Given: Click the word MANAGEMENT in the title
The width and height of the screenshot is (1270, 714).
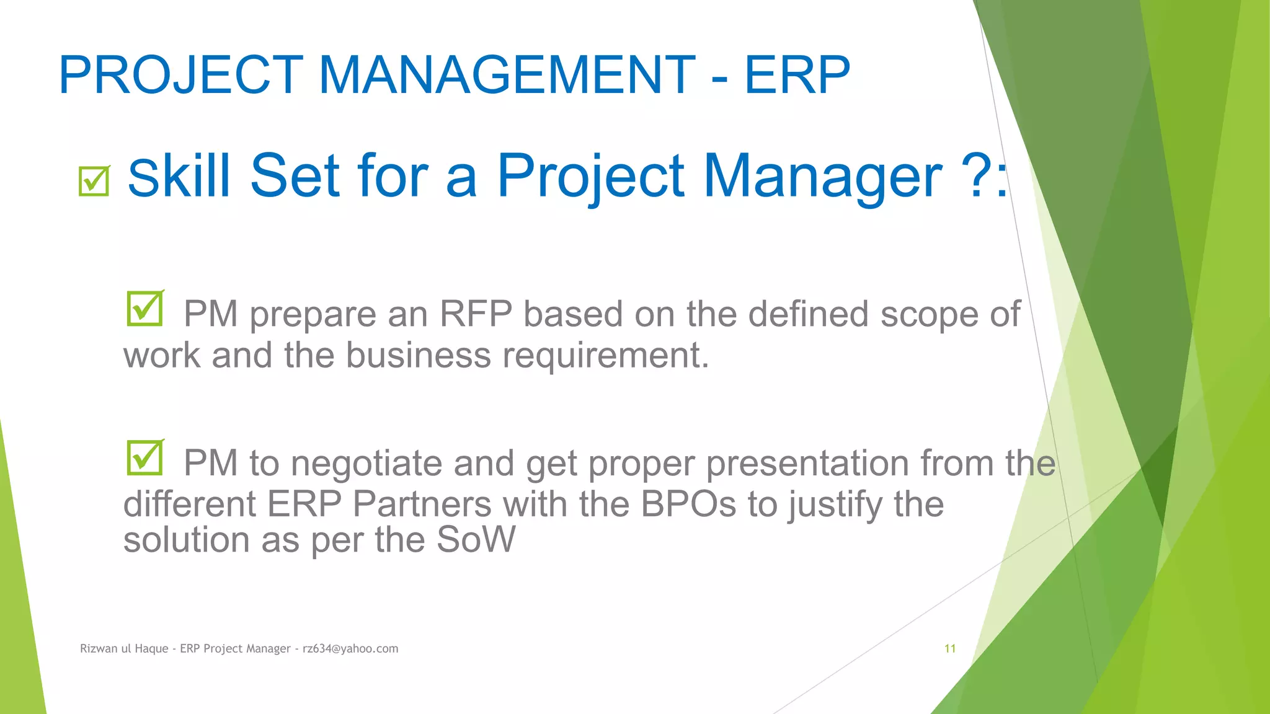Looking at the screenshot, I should coord(507,76).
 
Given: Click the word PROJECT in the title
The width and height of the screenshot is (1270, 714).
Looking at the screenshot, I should coord(180,76).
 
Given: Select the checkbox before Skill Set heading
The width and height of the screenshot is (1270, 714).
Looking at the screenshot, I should coord(94,181).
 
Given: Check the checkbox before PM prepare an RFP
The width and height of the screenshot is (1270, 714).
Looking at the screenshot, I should coord(144,309).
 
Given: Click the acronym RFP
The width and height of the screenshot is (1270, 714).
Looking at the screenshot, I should coord(476,314).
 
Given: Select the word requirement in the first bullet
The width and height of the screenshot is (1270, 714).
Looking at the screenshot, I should coord(605,356).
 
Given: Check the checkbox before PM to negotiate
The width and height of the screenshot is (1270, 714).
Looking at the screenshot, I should coord(144,457).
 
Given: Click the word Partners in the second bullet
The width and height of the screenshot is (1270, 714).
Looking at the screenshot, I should coord(422,504).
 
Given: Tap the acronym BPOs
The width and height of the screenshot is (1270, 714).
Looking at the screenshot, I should coord(688,504).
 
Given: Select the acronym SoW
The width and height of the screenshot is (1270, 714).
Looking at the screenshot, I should coord(476,540).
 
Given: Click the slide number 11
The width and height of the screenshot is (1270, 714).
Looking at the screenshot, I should coord(949,648).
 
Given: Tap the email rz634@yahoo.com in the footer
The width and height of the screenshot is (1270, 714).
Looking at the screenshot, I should coord(350,648).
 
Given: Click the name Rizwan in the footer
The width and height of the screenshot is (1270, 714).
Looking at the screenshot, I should coord(99,648).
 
